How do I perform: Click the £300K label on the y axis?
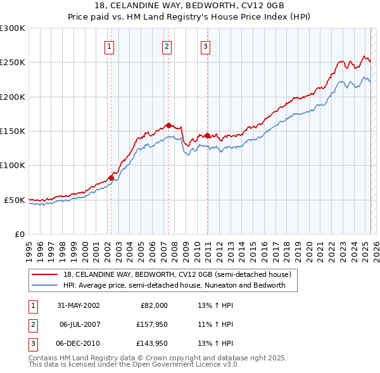pos(13,28)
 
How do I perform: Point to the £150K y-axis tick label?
pos(13,131)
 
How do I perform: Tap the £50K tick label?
pos(15,200)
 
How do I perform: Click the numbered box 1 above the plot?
pos(110,46)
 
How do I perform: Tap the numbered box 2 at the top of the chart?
pos(167,46)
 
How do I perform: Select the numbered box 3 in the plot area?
pos(206,46)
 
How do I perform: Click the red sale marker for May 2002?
pos(111,178)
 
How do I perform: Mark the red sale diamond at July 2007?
pos(168,125)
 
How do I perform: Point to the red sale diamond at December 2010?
pos(208,135)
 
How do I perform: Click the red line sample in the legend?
pos(45,275)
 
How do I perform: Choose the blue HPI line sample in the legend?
pos(45,285)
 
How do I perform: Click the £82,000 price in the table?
pos(154,305)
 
